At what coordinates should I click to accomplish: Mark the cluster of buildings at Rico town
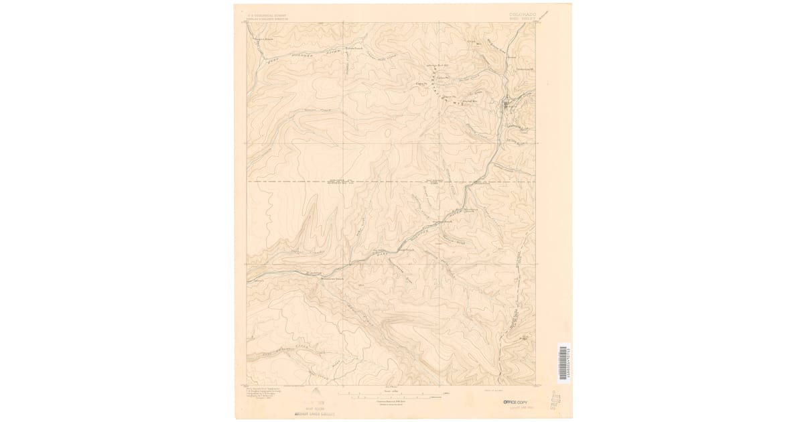click(509, 104)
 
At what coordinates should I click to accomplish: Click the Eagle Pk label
click(421, 84)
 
